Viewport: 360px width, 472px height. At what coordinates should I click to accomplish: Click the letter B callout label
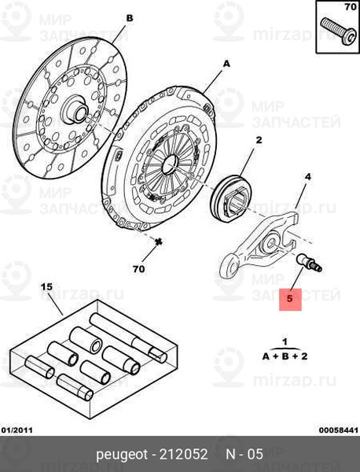tap(129, 18)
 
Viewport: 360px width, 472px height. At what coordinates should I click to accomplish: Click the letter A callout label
tap(226, 64)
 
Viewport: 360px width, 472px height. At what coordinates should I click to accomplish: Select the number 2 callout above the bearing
tap(259, 140)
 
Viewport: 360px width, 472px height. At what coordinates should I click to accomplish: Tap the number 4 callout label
tap(307, 177)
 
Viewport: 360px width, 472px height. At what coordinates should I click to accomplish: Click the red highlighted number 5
tap(290, 299)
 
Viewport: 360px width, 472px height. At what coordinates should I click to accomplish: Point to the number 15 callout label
tap(46, 286)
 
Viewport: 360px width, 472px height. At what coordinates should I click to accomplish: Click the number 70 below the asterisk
tap(138, 269)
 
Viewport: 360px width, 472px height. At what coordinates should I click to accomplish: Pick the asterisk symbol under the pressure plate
tap(158, 242)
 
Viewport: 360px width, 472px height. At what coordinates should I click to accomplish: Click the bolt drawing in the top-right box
tap(337, 31)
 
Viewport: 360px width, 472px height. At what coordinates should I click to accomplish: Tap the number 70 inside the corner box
tap(351, 6)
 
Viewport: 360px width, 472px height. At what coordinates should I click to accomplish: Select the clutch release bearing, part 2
tap(230, 197)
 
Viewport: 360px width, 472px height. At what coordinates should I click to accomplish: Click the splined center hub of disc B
tap(75, 109)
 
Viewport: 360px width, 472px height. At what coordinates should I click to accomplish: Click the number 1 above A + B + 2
tap(285, 342)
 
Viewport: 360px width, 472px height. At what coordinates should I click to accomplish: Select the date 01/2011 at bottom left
tap(17, 430)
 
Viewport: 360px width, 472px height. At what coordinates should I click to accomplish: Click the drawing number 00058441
tap(339, 430)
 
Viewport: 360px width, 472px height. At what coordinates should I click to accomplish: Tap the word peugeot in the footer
tap(122, 454)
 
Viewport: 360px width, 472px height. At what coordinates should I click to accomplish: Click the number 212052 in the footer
tap(183, 454)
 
